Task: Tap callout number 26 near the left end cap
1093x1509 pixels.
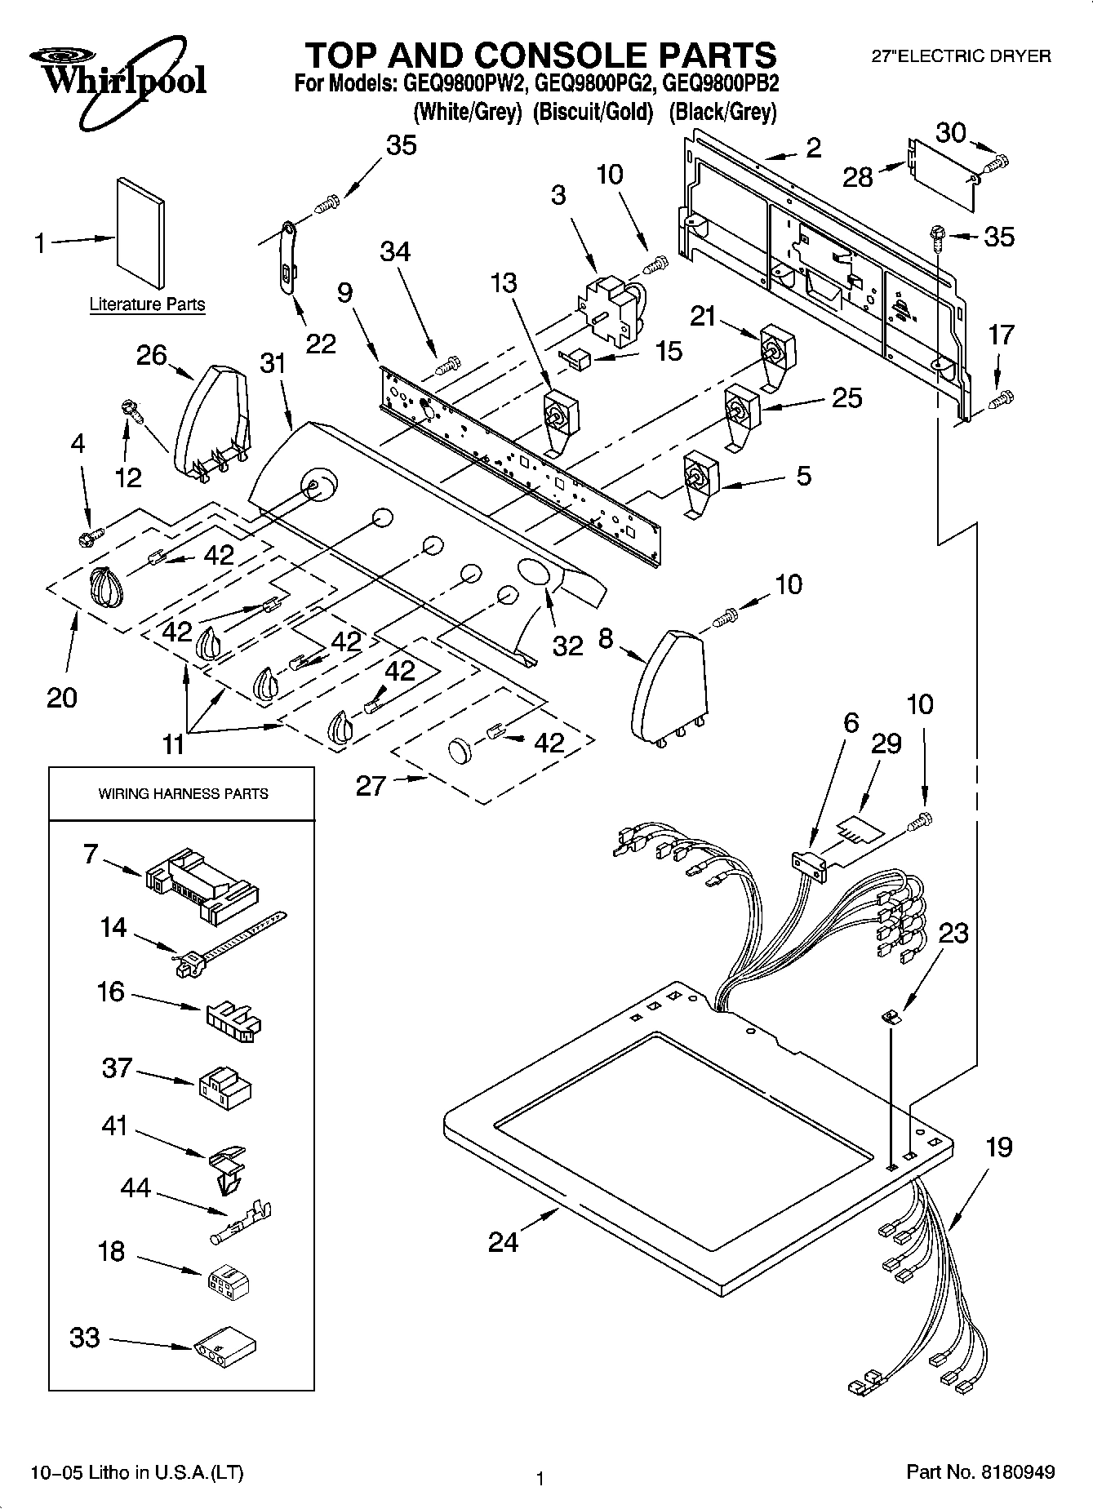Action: (x=152, y=356)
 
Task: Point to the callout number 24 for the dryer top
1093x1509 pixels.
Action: (x=502, y=1241)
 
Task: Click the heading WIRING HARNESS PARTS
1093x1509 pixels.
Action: (x=183, y=793)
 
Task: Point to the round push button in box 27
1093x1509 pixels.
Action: (x=460, y=750)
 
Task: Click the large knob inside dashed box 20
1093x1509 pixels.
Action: (x=105, y=587)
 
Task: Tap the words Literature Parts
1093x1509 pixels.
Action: (x=147, y=304)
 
